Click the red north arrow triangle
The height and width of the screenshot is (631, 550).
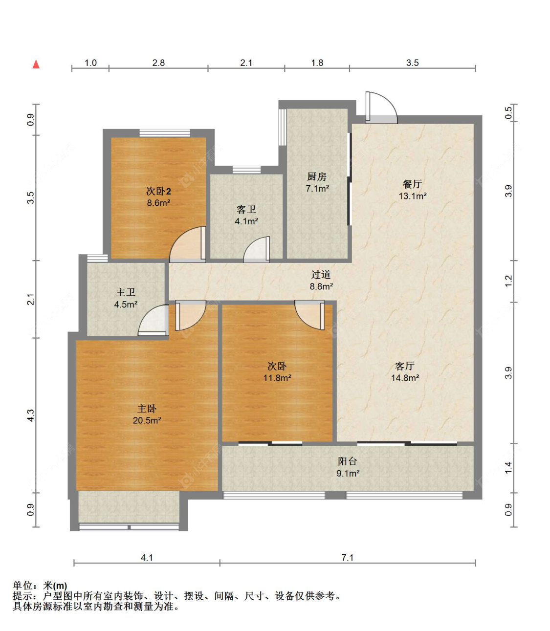coord(36,64)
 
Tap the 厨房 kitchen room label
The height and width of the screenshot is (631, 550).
coord(316,176)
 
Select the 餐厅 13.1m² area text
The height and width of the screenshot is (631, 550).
coord(413,196)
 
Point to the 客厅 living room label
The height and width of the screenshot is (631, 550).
coord(404,366)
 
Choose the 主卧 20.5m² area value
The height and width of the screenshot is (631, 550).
coord(147,420)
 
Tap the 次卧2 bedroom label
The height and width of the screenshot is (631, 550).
coord(158,191)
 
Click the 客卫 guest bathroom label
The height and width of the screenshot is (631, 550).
coord(246,209)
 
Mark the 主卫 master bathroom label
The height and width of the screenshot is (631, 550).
coord(126,292)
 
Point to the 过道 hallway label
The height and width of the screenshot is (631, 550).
coord(321,275)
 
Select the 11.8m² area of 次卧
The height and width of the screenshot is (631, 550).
coord(277,378)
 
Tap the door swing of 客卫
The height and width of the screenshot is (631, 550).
coord(256,249)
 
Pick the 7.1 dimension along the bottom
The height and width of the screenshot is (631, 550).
coord(347,558)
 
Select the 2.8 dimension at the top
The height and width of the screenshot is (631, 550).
coord(158,63)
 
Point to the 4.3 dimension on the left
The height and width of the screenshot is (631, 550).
coord(30,415)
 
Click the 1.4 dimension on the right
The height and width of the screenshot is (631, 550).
coord(508,468)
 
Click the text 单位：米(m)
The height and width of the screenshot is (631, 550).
coord(40,585)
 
